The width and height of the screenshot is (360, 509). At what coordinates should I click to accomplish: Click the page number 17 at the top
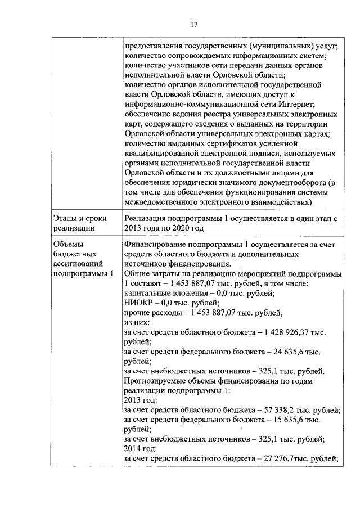tap(193, 24)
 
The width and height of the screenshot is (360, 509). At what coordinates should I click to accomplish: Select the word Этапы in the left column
tap(64, 218)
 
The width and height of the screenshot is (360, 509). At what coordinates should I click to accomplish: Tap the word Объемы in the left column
tap(66, 245)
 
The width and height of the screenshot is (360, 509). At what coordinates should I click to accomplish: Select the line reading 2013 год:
tap(137, 401)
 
